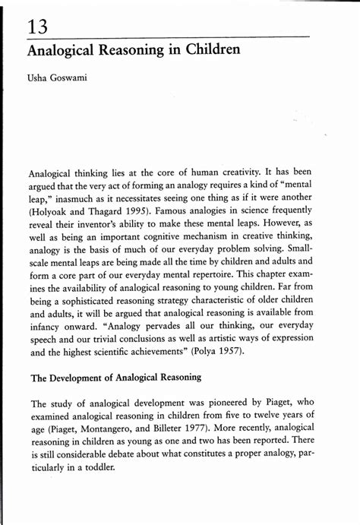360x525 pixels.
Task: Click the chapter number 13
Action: (39, 27)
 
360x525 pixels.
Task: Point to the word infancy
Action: (47, 330)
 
